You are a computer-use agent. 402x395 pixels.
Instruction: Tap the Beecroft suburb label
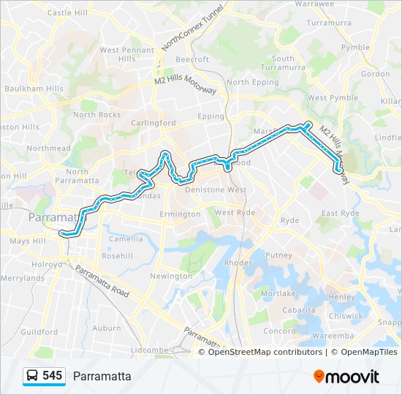pyautogui.click(x=192, y=59)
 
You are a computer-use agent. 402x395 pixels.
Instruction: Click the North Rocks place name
pyautogui.click(x=96, y=115)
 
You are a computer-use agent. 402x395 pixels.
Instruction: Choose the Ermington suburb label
pyautogui.click(x=179, y=214)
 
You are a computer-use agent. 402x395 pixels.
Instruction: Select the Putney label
pyautogui.click(x=278, y=255)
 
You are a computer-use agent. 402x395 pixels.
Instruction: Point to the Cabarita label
pyautogui.click(x=300, y=309)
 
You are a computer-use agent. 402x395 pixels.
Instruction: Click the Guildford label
pyautogui.click(x=39, y=331)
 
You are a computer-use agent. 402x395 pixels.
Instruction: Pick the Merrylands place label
pyautogui.click(x=23, y=278)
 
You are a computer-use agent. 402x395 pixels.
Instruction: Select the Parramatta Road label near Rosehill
pyautogui.click(x=102, y=282)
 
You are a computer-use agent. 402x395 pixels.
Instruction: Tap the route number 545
pyautogui.click(x=53, y=376)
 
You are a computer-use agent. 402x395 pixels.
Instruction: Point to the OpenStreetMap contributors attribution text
pyautogui.click(x=265, y=352)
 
